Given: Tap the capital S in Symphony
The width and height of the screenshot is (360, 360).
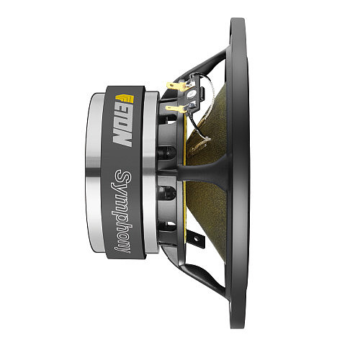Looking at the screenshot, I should (x=123, y=177).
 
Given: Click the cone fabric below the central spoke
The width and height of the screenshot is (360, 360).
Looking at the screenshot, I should (x=209, y=216).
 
